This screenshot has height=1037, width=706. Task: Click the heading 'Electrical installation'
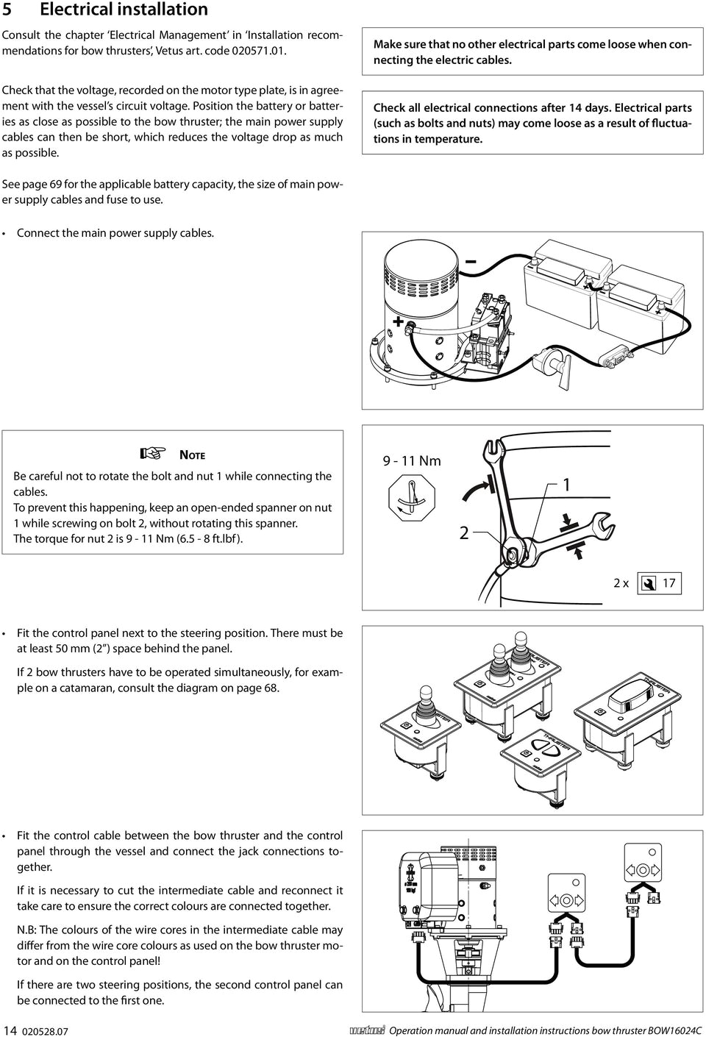[124, 10]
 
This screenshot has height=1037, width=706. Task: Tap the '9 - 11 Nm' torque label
[412, 461]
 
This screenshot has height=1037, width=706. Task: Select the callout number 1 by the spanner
[566, 486]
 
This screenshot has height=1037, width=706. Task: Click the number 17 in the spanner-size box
[669, 584]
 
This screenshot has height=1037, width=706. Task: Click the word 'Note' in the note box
[193, 455]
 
